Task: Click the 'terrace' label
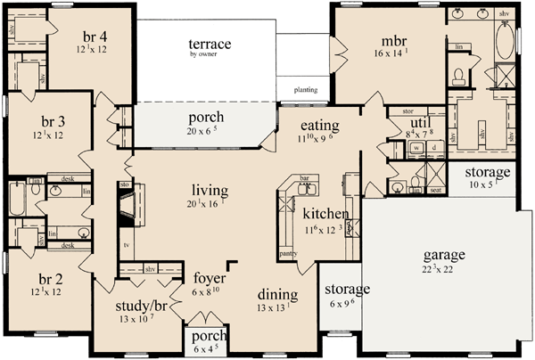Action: (210, 44)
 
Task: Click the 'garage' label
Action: (444, 254)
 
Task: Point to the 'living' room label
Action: (210, 190)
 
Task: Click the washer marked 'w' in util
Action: (416, 148)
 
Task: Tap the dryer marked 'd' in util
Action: (432, 148)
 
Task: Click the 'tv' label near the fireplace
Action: (126, 242)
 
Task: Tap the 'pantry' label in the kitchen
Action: (287, 253)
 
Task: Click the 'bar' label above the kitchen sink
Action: (303, 179)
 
